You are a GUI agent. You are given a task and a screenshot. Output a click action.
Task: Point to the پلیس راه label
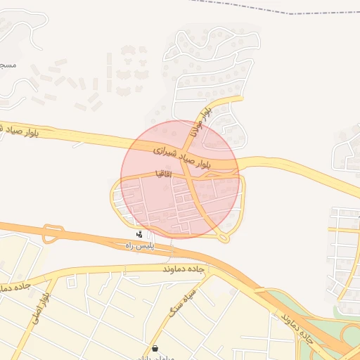click(x=139, y=245)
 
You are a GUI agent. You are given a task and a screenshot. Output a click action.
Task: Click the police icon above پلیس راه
click(x=139, y=234)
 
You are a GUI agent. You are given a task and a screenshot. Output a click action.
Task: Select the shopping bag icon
click(x=155, y=348)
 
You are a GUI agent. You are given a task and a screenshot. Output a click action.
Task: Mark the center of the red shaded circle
click(x=180, y=179)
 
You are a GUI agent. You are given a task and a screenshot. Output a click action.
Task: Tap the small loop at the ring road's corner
click(x=224, y=238)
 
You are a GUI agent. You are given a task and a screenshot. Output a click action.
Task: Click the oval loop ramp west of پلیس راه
click(x=53, y=233)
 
